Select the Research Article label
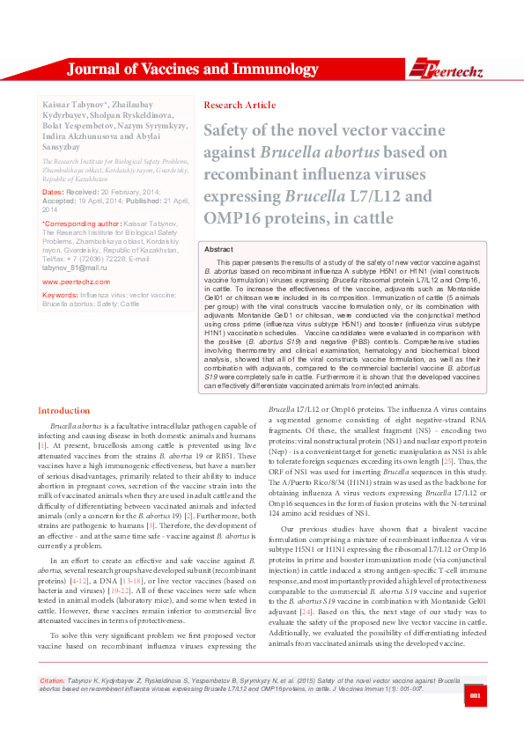pyautogui.click(x=240, y=105)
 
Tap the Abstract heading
pyautogui.click(x=218, y=249)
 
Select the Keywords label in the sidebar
pyautogui.click(x=60, y=295)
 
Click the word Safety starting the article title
pyautogui.click(x=228, y=131)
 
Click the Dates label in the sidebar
pyautogui.click(x=52, y=191)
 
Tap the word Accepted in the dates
pyautogui.click(x=60, y=200)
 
